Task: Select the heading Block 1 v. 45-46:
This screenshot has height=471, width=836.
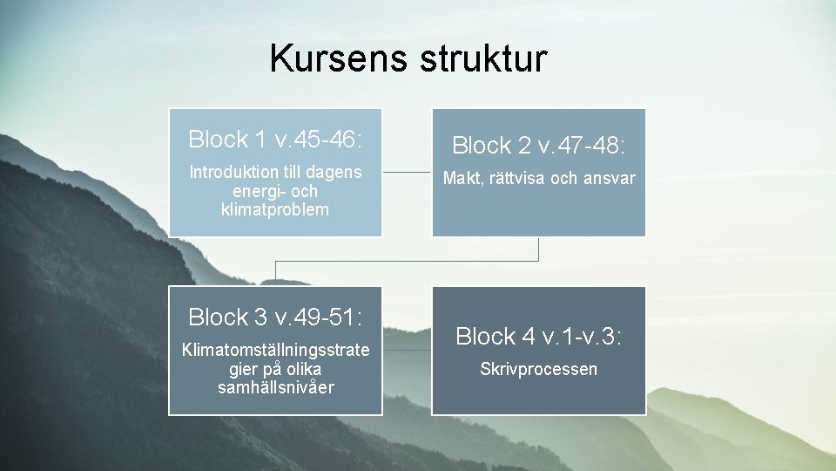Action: click(x=275, y=139)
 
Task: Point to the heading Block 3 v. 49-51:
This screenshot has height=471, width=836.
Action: click(x=275, y=316)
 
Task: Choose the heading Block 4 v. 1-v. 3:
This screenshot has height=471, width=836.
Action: click(x=539, y=336)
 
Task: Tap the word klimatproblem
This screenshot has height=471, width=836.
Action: click(x=275, y=209)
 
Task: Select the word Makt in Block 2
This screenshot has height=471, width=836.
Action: click(x=462, y=179)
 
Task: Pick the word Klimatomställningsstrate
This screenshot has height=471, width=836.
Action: click(x=275, y=351)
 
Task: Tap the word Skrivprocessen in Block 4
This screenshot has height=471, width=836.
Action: click(x=539, y=369)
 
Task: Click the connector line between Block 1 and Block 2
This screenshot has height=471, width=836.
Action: click(x=407, y=172)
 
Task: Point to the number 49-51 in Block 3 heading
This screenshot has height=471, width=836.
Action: click(x=327, y=316)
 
